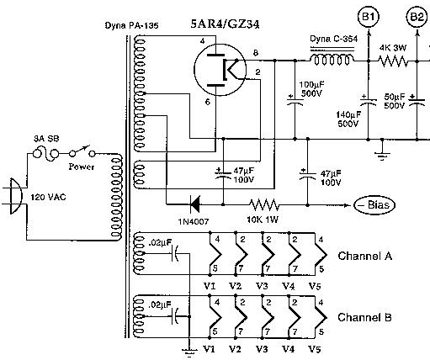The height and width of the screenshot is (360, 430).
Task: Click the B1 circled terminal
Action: coord(369,17)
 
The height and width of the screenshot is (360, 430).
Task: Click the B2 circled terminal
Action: coord(417,17)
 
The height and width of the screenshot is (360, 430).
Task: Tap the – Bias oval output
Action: coord(374,205)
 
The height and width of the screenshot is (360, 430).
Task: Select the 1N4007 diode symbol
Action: coord(194,204)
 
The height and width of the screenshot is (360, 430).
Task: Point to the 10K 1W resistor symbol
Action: coord(264,204)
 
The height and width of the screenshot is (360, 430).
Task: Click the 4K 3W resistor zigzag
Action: coord(393,61)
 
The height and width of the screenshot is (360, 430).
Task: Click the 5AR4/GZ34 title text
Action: coord(225,24)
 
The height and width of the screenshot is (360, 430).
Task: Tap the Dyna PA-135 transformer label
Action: coord(131,25)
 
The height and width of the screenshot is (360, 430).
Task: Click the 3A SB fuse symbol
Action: coord(46,154)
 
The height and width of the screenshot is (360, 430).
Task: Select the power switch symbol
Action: coord(82,151)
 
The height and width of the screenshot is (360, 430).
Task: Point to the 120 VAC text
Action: coord(48,197)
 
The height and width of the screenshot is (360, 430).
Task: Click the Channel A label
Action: coord(365,256)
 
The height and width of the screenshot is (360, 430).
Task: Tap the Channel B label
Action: coord(364,317)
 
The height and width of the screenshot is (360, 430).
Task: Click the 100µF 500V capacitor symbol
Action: coord(295,102)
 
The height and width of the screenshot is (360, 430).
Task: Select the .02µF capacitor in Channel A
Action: coord(175,253)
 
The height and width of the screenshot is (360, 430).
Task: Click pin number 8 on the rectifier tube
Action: coord(256,53)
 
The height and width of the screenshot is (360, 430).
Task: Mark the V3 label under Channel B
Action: coord(262,349)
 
